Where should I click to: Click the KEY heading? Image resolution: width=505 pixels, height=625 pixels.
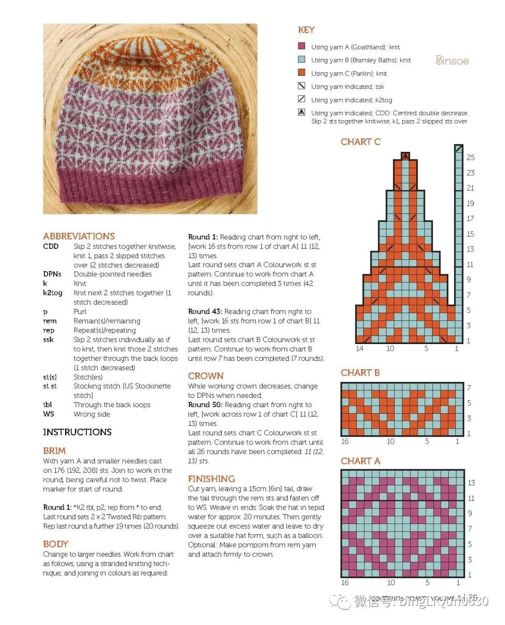(x=306, y=30)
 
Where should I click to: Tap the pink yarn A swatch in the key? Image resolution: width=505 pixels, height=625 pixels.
(x=302, y=46)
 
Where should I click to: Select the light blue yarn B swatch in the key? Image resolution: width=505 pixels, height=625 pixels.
(x=302, y=59)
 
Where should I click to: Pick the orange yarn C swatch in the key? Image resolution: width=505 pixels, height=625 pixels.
(x=302, y=72)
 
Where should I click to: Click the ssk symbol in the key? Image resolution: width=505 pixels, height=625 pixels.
(x=302, y=86)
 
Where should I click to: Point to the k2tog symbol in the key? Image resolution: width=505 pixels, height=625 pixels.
(x=302, y=99)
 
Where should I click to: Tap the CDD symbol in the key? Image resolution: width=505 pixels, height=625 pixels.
(x=302, y=112)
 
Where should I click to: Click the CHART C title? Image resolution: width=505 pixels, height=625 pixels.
(x=361, y=142)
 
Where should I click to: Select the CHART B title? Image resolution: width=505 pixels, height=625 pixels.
(x=360, y=373)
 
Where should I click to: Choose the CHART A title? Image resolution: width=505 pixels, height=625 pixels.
(x=361, y=461)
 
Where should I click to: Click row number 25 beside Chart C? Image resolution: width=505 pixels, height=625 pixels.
(x=470, y=158)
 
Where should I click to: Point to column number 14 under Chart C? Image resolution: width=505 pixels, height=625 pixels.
(x=359, y=348)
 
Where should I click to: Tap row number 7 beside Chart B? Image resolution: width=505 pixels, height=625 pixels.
(x=469, y=388)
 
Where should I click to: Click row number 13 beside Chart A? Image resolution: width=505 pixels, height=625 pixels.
(x=471, y=482)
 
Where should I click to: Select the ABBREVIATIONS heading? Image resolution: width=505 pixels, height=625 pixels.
(x=79, y=236)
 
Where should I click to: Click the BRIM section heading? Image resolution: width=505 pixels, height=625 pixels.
(x=54, y=451)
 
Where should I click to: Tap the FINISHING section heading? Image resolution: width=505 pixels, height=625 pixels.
(x=211, y=479)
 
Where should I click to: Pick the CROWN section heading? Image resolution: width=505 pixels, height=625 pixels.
(x=206, y=376)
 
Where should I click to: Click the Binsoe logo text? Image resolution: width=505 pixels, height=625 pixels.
(x=452, y=60)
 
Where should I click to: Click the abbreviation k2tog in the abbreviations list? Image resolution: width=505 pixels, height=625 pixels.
(x=52, y=293)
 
